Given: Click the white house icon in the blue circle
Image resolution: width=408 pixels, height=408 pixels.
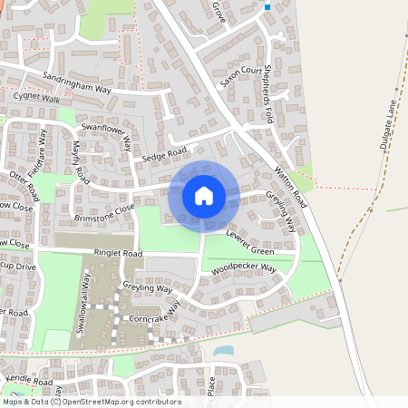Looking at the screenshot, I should click(204, 195).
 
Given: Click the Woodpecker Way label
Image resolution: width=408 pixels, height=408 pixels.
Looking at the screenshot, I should click(242, 269).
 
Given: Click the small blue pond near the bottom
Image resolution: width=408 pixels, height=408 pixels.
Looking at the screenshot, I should click(223, 349).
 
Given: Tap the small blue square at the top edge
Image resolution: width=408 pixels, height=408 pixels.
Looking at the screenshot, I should click(267, 7).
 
